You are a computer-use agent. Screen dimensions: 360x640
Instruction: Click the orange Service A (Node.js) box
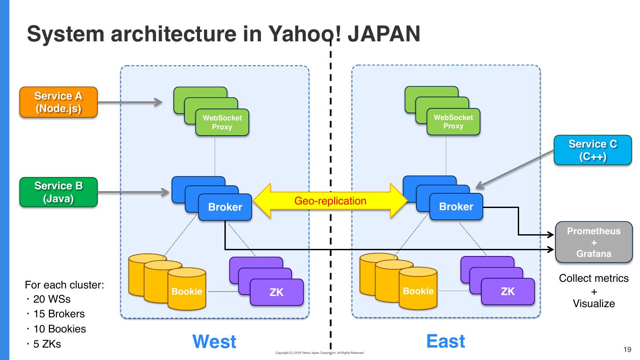tap(58, 102)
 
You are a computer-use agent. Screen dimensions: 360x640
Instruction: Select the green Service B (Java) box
tap(58, 192)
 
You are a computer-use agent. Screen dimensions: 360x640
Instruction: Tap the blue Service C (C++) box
tap(592, 150)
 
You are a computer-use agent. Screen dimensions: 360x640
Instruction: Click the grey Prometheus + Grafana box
tap(594, 242)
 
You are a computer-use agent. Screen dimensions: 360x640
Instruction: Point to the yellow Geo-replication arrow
tap(330, 201)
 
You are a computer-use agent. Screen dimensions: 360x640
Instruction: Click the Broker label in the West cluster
tap(225, 207)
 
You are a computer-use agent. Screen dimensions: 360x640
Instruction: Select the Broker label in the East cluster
tap(456, 207)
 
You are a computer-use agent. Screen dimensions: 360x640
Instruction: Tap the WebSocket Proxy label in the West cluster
tap(222, 122)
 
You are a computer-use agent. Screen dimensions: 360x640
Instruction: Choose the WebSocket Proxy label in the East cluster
tap(453, 122)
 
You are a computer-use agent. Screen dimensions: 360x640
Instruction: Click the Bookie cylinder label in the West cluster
tap(187, 292)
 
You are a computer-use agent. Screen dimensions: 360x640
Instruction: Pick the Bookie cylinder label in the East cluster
tap(418, 291)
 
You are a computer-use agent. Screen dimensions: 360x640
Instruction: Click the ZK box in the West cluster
tap(276, 292)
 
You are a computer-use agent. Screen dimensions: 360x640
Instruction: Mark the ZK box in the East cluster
tap(508, 291)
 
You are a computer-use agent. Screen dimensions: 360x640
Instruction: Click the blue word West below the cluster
tap(214, 342)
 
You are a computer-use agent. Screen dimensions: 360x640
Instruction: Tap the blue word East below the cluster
tap(446, 341)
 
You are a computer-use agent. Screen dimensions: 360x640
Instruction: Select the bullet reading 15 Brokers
tap(59, 314)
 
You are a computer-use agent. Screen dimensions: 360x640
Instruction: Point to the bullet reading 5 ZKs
tap(47, 344)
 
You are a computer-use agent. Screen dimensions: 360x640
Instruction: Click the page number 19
tap(628, 349)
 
